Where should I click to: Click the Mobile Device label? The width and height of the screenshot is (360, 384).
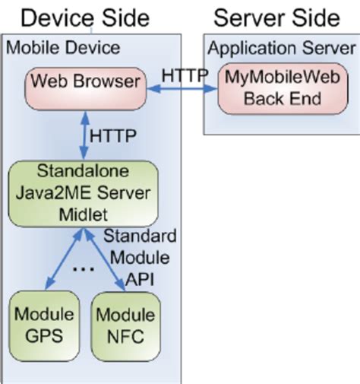[x=63, y=48]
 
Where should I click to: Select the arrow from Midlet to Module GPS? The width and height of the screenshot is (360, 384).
[x=62, y=259]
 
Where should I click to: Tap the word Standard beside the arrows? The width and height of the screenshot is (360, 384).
[x=141, y=235]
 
